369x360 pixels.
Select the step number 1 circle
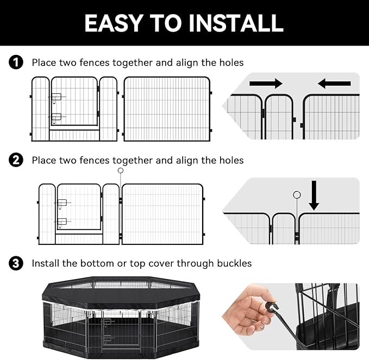click(x=16, y=63)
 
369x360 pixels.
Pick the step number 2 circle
click(x=16, y=160)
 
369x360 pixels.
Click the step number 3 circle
click(x=16, y=263)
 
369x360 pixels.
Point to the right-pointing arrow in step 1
click(x=266, y=84)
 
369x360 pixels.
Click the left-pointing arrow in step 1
click(x=334, y=84)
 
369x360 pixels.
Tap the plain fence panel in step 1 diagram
click(x=167, y=109)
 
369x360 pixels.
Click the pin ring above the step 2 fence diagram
click(x=121, y=170)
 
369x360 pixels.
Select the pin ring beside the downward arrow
click(x=296, y=195)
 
